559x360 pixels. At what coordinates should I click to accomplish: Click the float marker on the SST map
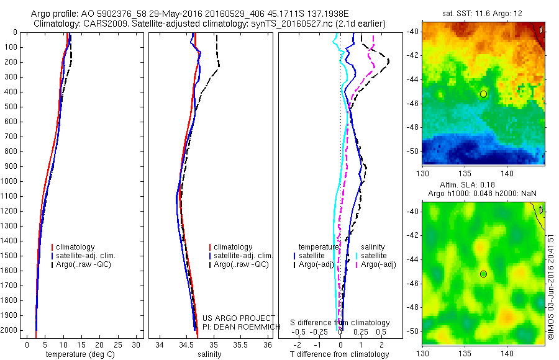483,94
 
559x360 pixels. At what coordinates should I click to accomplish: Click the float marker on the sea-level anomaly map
483,274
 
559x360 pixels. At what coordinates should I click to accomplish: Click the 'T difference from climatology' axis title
339,354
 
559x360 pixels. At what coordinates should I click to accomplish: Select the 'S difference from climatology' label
340,323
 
